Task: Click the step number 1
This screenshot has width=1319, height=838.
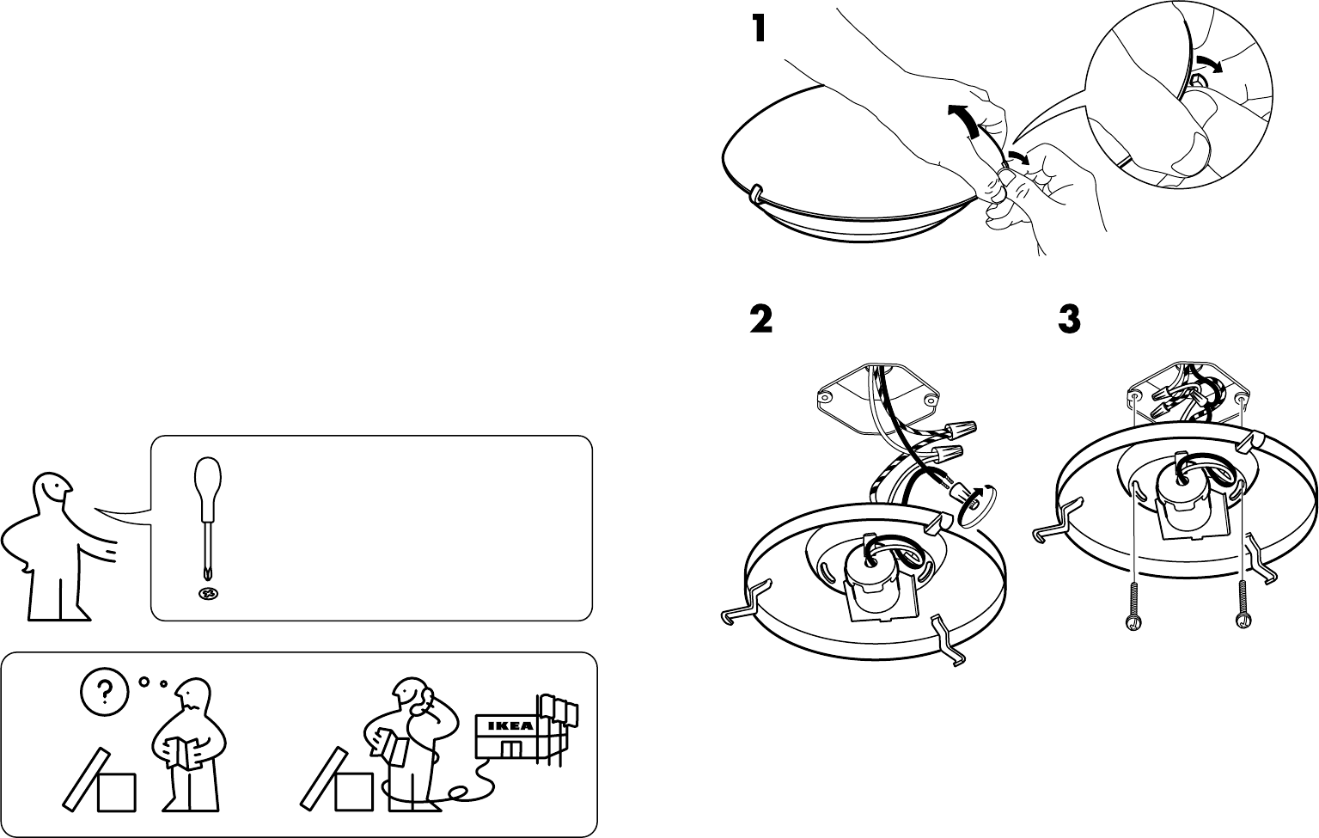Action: point(757,30)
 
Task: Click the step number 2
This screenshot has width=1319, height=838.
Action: point(760,321)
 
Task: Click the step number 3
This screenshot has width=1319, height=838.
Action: point(1068,321)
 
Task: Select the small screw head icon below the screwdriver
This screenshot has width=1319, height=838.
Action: point(207,594)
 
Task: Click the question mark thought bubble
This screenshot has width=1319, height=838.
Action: point(105,689)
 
